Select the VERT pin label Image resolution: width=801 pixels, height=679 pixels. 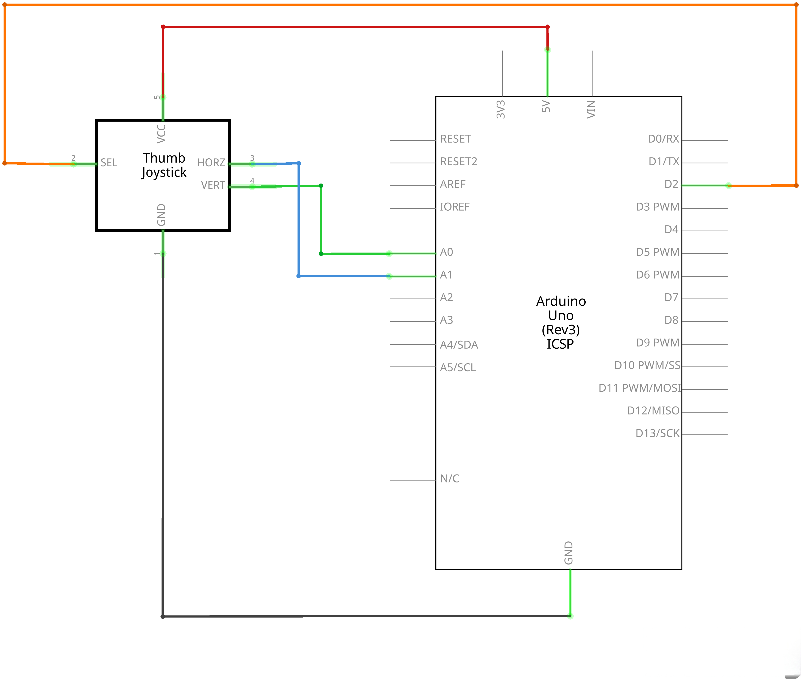(213, 185)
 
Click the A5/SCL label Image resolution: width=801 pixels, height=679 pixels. (458, 367)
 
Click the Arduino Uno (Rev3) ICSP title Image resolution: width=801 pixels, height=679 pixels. (561, 322)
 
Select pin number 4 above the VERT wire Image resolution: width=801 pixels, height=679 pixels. (252, 181)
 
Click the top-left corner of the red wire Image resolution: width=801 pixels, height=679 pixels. (163, 27)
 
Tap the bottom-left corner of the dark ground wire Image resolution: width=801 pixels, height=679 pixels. (163, 616)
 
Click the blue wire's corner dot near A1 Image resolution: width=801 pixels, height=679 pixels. (299, 276)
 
